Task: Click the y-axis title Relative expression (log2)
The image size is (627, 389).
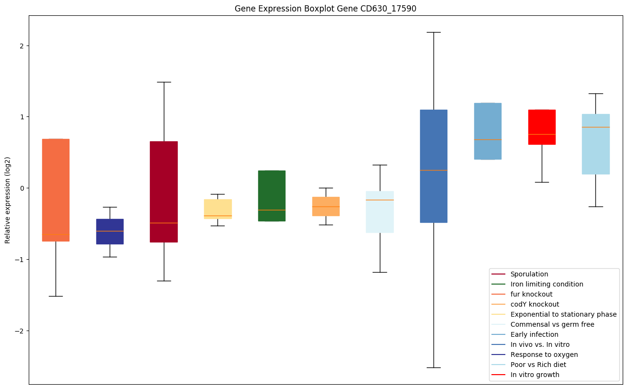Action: [x=8, y=200]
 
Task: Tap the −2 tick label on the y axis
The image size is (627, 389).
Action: [x=20, y=331]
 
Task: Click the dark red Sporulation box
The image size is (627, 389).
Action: [x=164, y=192]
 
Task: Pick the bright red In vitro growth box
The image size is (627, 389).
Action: [x=542, y=127]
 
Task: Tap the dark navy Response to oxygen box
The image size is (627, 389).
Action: [x=110, y=231]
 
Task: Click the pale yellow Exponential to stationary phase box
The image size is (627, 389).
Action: [x=218, y=209]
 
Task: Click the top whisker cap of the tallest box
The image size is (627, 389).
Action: [x=433, y=32]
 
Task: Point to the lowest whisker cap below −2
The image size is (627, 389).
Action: [x=433, y=367]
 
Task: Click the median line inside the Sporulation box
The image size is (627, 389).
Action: [x=164, y=223]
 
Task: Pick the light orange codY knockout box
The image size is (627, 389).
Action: [x=326, y=206]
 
